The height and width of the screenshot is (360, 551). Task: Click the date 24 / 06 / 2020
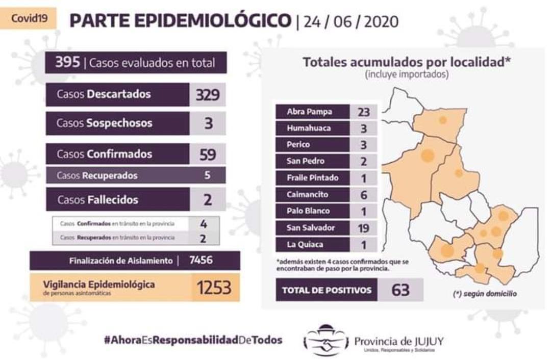pos(351,22)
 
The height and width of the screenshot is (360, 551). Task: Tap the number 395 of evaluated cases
pos(68,62)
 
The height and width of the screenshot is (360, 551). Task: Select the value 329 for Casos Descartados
pos(208,95)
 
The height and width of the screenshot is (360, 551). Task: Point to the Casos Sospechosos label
pos(105,123)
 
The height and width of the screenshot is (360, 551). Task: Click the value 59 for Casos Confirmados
pos(208,153)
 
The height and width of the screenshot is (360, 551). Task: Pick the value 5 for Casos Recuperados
pos(207,175)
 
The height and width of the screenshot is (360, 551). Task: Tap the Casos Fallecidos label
pos(98,199)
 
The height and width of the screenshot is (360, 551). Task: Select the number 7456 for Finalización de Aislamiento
pos(201,261)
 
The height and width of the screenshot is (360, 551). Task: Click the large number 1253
pos(214,288)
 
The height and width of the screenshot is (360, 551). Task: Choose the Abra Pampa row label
pos(310,112)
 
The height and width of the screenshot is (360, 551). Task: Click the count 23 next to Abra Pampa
pos(364,112)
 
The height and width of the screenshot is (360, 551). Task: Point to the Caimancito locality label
pos(308,194)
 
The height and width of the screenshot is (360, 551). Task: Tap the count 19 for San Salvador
pos(364,227)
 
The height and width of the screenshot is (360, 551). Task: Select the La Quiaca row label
pos(305,244)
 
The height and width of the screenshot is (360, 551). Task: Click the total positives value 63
pos(400,290)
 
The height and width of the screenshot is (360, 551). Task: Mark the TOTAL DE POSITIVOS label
pos(327,290)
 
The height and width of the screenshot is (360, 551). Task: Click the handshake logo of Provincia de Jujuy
pos(325,341)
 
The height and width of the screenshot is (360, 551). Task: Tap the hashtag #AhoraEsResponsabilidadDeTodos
pos(193,340)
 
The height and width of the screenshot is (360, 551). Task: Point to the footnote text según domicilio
pos(484,294)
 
